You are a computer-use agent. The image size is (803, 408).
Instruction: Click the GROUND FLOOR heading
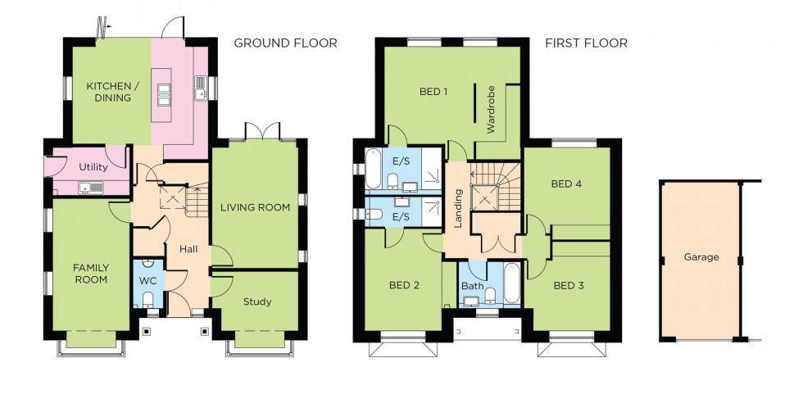coord(285,43)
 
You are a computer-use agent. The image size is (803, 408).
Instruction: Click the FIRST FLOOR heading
coord(586,43)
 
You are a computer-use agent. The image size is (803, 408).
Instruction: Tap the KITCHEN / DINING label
coord(109,92)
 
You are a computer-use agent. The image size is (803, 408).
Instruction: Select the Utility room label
coord(93,167)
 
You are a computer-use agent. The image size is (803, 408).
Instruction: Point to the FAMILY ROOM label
coord(90,274)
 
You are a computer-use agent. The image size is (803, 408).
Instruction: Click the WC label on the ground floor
coord(147,281)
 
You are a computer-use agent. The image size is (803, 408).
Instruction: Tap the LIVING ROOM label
coord(255,208)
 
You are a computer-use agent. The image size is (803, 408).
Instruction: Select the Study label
coord(256,301)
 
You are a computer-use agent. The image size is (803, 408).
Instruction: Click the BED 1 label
coord(433,92)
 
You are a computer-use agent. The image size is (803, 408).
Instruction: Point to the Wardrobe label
coord(492,109)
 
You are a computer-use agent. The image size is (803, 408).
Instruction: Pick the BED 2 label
coord(404,286)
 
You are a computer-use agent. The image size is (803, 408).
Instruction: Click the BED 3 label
coord(568,286)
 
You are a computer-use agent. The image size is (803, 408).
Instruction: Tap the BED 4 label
coord(566,184)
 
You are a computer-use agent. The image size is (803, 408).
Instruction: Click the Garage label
coord(701,257)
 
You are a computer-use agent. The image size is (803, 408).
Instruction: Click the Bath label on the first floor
coord(471,287)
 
